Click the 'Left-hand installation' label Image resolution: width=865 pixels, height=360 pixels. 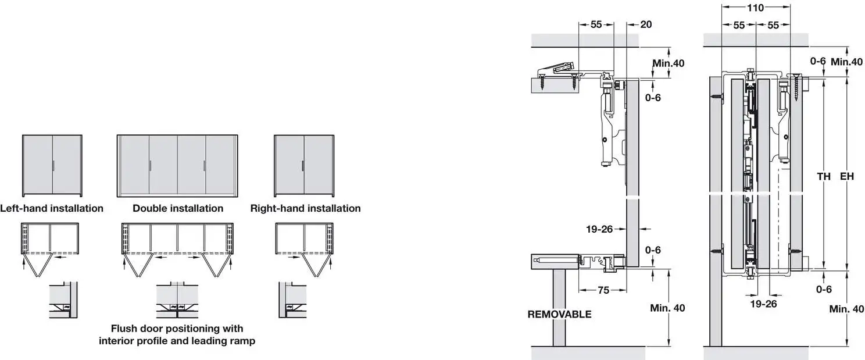52,208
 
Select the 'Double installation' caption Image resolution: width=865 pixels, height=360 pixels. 178,208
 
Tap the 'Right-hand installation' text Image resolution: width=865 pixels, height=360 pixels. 305,208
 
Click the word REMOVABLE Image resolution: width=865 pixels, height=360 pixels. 559,314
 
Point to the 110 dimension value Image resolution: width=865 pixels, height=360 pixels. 755,8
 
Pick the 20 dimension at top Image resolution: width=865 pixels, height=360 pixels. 646,24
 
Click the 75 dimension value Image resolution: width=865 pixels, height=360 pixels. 603,290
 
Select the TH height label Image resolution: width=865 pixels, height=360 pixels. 824,176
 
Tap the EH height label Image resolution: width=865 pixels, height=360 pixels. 847,176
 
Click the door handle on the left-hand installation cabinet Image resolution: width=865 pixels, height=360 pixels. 52,166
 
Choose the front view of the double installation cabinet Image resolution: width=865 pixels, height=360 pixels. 177,166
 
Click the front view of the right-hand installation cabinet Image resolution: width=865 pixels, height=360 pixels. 305,166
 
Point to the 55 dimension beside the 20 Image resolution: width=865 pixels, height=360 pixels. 596,24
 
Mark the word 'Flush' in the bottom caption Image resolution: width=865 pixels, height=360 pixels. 125,329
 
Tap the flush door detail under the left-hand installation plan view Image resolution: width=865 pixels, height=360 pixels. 63,300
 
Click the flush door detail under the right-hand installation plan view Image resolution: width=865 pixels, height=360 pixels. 292,300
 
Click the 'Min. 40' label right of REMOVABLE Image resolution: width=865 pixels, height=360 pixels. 667,308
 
